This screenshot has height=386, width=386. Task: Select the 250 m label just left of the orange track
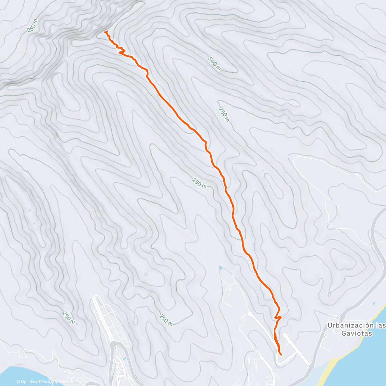pos(199,183)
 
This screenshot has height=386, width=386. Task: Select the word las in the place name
pos(381,326)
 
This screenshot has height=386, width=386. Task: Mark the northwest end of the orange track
pos(106,32)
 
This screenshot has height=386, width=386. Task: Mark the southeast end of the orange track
pos(281,355)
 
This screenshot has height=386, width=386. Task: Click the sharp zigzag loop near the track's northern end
pos(122,51)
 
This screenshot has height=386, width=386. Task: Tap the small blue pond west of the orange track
pos(220,267)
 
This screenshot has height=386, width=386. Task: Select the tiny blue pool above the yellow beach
pos(374,303)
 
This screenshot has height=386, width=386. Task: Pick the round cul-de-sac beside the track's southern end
pos(285,335)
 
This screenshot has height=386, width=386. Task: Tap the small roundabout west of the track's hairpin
pos(249,314)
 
